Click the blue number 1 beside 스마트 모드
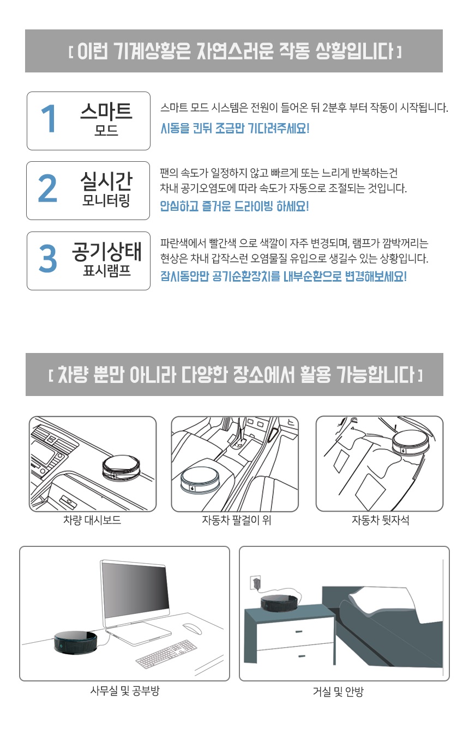[49, 118]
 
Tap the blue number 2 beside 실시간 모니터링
[47, 188]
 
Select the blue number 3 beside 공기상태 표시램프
[48, 258]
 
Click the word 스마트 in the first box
[106, 112]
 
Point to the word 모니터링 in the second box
[106, 200]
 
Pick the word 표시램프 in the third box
[107, 270]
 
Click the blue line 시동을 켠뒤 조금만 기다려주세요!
[235, 128]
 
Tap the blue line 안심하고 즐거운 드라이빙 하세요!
[234, 206]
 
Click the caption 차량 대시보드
[92, 520]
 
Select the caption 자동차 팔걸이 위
[237, 520]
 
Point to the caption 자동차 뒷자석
[380, 520]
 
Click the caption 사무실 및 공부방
[125, 691]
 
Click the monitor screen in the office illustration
[135, 587]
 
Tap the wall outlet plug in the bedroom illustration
[256, 582]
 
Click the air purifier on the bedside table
[278, 601]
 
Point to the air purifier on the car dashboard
[121, 468]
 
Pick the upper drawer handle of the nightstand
[299, 631]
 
